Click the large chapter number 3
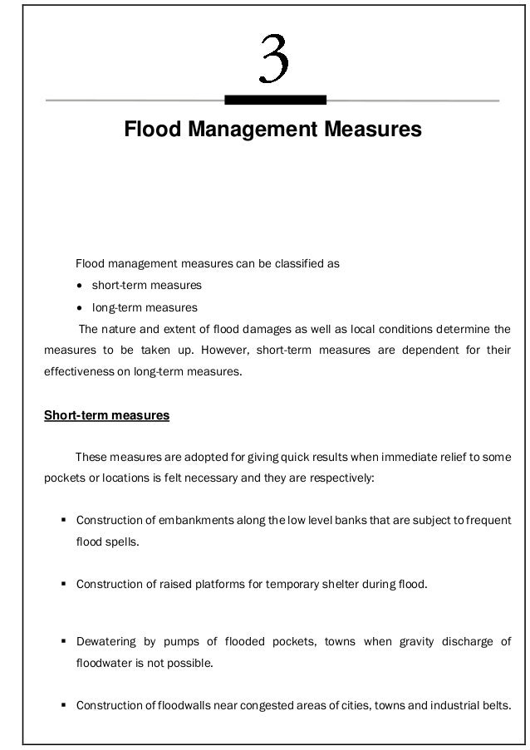pyautogui.click(x=275, y=59)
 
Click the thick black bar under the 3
pyautogui.click(x=275, y=100)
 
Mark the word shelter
pyautogui.click(x=331, y=584)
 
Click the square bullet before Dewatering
pyautogui.click(x=63, y=642)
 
